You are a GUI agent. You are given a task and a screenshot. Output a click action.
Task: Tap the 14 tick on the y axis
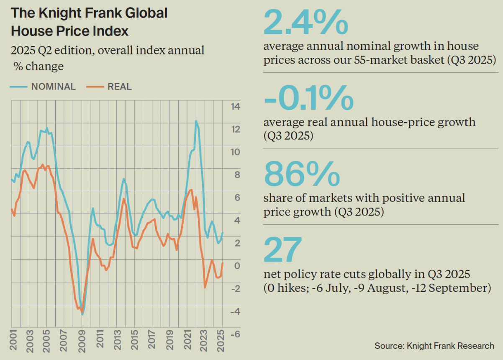pos(236,107)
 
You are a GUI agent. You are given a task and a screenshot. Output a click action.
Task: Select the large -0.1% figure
pos(309,97)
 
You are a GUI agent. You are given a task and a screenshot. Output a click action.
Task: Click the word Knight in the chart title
pos(59,13)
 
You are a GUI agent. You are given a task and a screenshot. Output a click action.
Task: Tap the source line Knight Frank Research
pos(434,346)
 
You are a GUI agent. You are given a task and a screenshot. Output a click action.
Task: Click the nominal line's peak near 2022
pos(196,121)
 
